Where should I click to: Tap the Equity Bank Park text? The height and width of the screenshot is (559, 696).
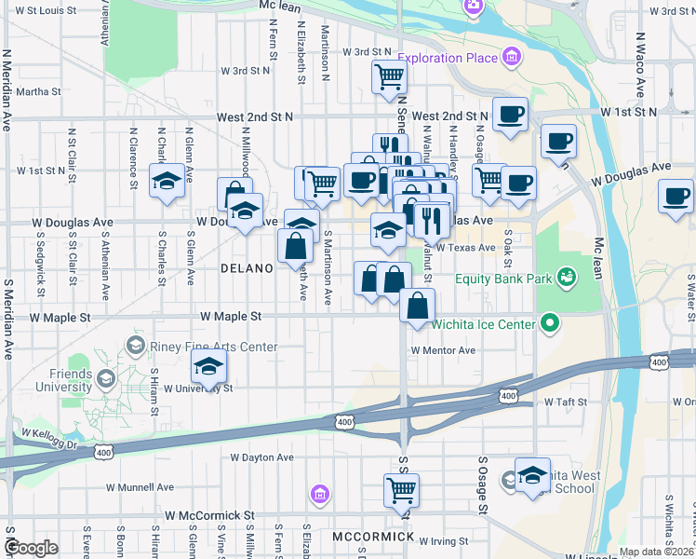point(501,278)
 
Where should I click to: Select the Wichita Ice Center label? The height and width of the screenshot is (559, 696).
point(485,324)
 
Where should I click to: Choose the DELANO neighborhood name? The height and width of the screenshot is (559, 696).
point(247,268)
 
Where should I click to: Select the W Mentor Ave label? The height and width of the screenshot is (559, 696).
point(444,350)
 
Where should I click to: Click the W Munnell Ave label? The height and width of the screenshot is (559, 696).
point(140,486)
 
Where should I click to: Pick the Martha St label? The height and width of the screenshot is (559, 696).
point(38,92)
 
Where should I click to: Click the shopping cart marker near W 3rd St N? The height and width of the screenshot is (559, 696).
point(389,76)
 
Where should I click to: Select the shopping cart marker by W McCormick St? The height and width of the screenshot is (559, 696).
point(401,489)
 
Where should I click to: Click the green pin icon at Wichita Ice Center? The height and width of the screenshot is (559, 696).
point(550,324)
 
